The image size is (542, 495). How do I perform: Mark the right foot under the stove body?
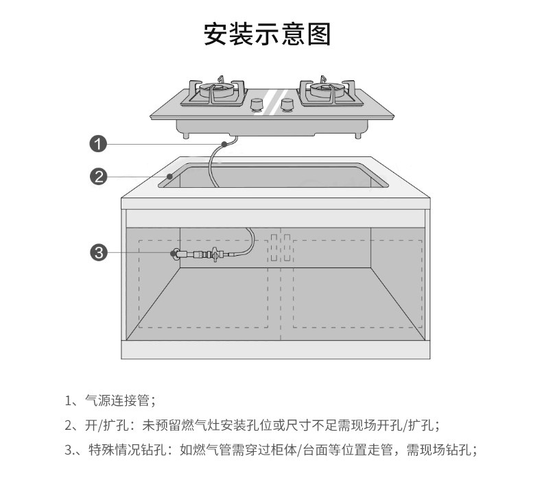(x=358, y=135)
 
